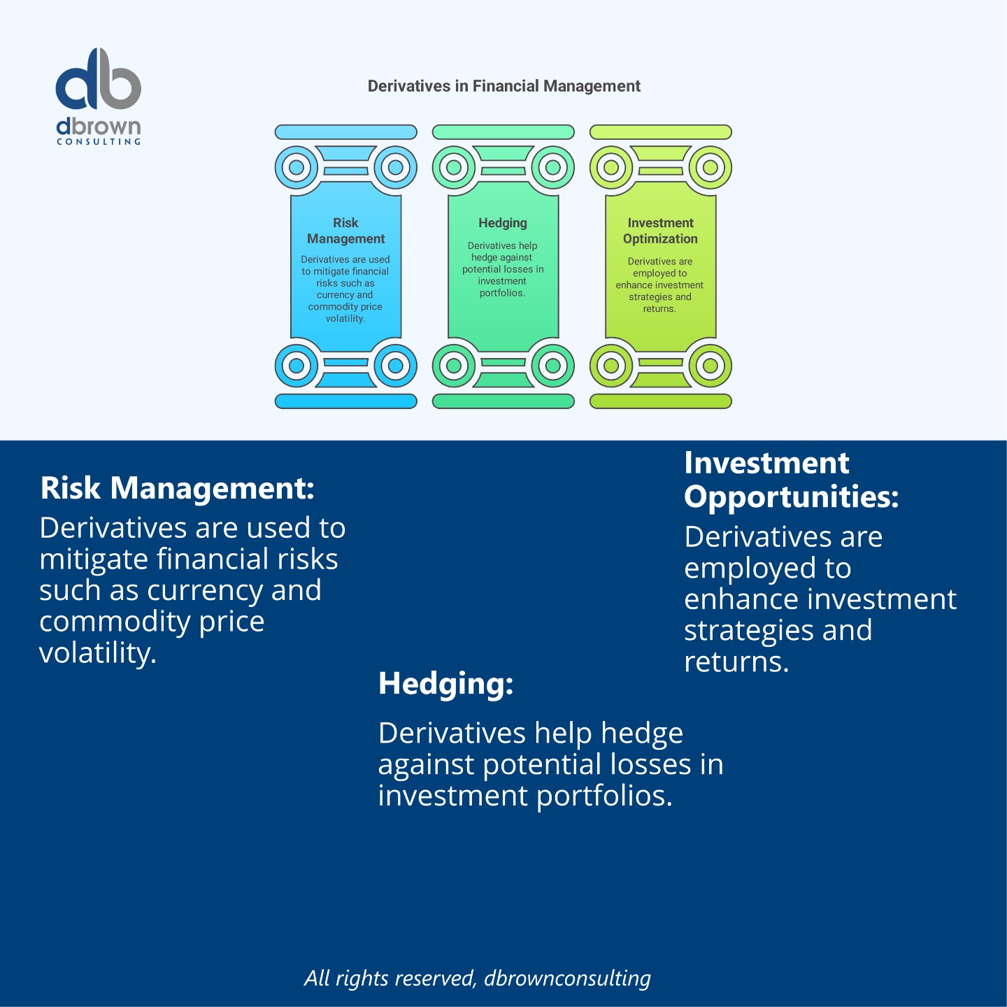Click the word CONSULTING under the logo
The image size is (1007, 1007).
click(x=99, y=141)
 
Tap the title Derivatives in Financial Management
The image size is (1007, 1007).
click(x=503, y=86)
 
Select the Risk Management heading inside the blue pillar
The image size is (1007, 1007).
click(x=345, y=231)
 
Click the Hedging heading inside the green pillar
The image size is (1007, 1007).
click(x=503, y=222)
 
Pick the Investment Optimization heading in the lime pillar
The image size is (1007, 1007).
click(x=660, y=231)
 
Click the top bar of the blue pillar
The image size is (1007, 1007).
click(x=346, y=132)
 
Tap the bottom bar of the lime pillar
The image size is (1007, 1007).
click(x=661, y=401)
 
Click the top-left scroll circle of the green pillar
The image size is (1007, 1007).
click(x=454, y=167)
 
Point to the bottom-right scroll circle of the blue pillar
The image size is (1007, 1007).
click(x=396, y=365)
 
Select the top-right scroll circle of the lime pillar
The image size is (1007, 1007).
click(x=710, y=167)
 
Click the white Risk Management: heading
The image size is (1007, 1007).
click(x=177, y=488)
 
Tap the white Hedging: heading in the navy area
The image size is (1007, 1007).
click(x=445, y=683)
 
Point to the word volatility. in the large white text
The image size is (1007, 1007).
click(x=98, y=652)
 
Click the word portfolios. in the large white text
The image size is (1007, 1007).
click(x=604, y=796)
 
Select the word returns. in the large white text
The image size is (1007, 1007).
click(x=736, y=661)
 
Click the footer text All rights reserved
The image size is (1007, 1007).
click(x=390, y=978)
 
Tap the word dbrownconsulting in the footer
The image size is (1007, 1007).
click(x=568, y=978)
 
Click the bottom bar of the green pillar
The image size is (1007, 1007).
click(x=503, y=401)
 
